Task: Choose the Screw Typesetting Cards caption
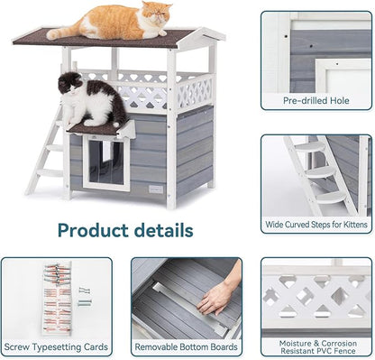tap(56, 346)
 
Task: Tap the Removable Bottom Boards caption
tap(186, 346)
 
